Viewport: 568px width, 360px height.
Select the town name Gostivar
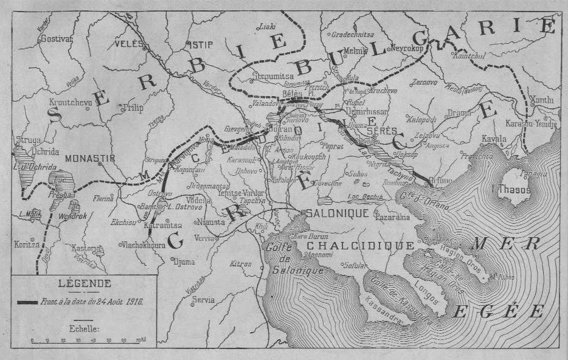coord(56,38)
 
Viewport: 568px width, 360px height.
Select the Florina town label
coord(103,198)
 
